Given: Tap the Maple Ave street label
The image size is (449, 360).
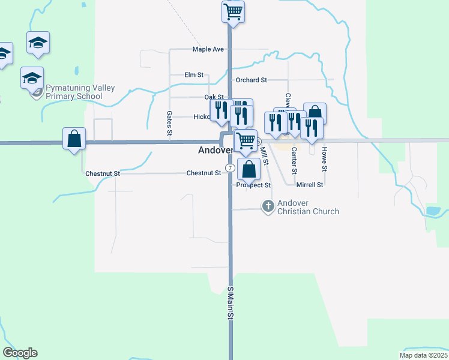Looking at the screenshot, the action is [x=208, y=49].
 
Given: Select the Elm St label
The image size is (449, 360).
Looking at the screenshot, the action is [x=194, y=75].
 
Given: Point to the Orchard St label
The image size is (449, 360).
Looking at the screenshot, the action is [x=251, y=80].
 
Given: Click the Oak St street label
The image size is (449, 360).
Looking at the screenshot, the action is [x=214, y=97].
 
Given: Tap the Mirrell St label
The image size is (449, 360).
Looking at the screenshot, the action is [x=310, y=185].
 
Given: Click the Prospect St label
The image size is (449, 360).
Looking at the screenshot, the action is [x=253, y=185].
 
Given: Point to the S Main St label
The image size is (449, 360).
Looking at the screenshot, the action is [x=229, y=306].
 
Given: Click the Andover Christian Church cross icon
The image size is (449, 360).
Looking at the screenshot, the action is [x=267, y=206].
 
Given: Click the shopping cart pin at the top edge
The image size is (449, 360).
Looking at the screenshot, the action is [x=233, y=11].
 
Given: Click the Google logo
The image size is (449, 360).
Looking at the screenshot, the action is [x=20, y=353].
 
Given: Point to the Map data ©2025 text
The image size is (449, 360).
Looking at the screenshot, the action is [x=423, y=355].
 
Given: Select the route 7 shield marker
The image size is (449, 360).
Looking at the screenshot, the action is [x=230, y=167].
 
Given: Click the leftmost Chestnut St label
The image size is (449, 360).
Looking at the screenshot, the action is [x=103, y=173].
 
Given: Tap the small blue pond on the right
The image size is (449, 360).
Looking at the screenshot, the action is [x=433, y=211].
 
